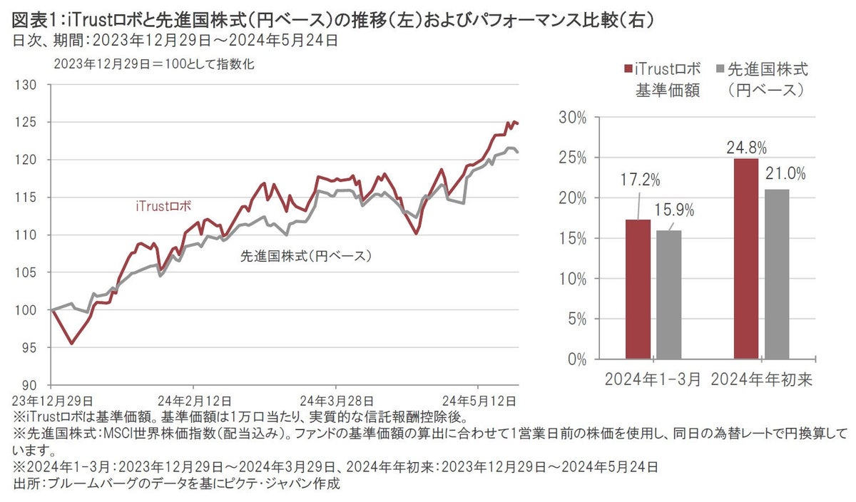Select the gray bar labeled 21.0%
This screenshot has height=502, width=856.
778,274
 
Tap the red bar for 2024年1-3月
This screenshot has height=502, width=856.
638,289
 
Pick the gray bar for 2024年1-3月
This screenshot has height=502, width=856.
669,294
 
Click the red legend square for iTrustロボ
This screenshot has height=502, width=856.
627,70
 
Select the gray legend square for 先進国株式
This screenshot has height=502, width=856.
720,70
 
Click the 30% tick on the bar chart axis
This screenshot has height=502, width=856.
574,118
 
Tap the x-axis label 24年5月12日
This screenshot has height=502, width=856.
477,399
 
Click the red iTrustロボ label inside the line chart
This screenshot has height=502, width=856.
163,207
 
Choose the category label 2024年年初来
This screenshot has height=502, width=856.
763,380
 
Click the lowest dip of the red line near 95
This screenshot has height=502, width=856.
71,343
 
